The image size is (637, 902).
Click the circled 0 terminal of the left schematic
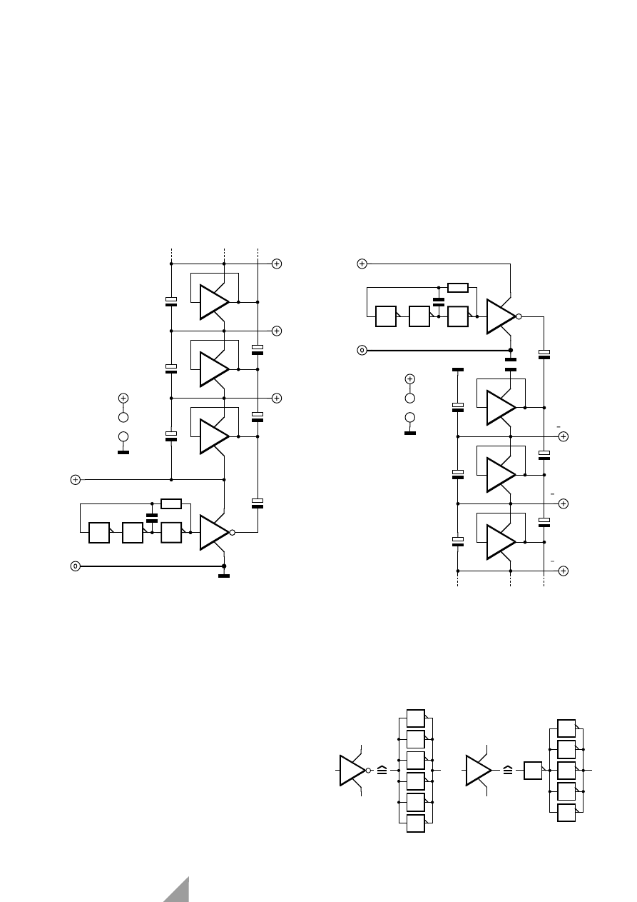pos(75,566)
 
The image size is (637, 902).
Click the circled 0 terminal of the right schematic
pos(362,351)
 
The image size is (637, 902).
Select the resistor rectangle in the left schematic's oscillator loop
pos(171,503)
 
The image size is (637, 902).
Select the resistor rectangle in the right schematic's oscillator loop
pos(457,288)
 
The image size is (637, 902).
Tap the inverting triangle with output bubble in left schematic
pos(213,532)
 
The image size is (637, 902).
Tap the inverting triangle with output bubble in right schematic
pos(500,316)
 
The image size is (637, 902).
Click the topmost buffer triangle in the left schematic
pos(213,302)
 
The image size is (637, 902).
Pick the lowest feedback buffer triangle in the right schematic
pos(500,542)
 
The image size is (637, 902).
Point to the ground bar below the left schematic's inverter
pos(224,576)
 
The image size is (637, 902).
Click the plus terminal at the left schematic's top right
pos(277,264)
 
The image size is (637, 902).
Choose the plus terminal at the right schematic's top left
pos(362,264)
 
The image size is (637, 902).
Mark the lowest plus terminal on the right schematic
pos(564,571)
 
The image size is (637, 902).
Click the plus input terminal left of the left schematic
pos(75,479)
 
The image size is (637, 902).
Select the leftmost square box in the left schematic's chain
pos(99,533)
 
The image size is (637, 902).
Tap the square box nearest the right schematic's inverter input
pos(457,316)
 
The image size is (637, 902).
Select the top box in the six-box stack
pos(415,718)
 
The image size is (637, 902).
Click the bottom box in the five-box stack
pos(566,813)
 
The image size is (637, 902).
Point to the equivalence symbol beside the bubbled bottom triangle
pos(382,771)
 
